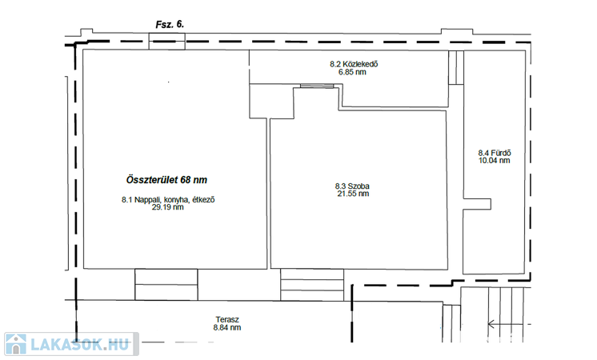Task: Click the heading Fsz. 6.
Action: [170, 24]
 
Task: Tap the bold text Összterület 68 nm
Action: [166, 180]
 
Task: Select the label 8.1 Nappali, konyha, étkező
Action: [168, 199]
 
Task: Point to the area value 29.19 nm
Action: [167, 207]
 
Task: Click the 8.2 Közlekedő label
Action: [354, 64]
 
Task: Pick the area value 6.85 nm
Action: [352, 71]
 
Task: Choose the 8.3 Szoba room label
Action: [352, 186]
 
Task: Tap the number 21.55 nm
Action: [353, 194]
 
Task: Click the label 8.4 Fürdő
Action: [495, 153]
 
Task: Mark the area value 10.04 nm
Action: [495, 160]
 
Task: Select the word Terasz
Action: [227, 320]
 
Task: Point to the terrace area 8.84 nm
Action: [227, 327]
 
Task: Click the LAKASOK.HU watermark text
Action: [79, 344]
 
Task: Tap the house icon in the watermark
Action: [16, 344]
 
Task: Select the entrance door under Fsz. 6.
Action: [166, 42]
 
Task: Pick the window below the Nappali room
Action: [166, 284]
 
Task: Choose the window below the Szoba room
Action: [312, 285]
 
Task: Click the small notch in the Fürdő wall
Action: [477, 204]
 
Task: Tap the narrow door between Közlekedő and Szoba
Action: [317, 86]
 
